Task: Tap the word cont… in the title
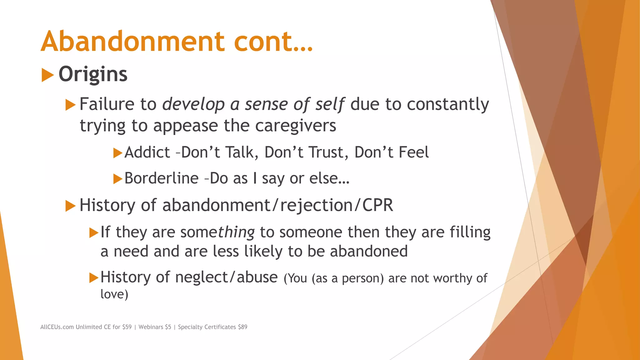coord(273,42)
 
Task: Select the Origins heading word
coord(93,74)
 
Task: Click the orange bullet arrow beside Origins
coord(47,75)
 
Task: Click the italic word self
coord(329,104)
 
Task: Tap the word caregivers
coord(295,126)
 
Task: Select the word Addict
coord(147,152)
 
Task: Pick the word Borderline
coord(161,178)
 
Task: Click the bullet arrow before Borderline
coord(117,179)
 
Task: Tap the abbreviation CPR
coord(377,205)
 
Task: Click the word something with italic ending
coord(217,232)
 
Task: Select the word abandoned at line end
coord(369,251)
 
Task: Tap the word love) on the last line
coord(114,294)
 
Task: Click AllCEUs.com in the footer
coord(57,327)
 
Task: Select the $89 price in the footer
coord(242,327)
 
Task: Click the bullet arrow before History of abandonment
coord(70,206)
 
